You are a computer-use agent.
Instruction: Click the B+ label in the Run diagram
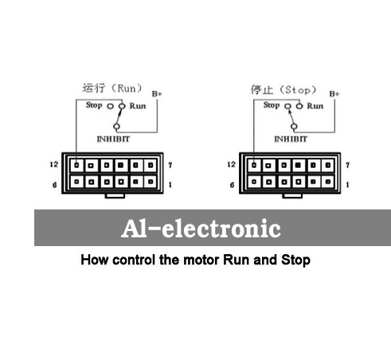pyautogui.click(x=157, y=94)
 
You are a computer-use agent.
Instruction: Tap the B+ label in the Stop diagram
pyautogui.click(x=334, y=94)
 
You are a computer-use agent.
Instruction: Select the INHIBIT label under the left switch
pyautogui.click(x=113, y=139)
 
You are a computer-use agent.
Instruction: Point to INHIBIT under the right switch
pyautogui.click(x=291, y=139)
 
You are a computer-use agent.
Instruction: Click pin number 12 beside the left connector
pyautogui.click(x=54, y=164)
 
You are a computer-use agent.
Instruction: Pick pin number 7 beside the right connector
pyautogui.click(x=347, y=165)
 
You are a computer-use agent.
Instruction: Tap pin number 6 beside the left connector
pyautogui.click(x=55, y=185)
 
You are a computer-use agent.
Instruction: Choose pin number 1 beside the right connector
pyautogui.click(x=347, y=185)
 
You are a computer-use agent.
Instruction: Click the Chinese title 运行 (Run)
pyautogui.click(x=112, y=88)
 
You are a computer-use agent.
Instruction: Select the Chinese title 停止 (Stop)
pyautogui.click(x=283, y=90)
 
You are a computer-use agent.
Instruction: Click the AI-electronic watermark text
pyautogui.click(x=201, y=229)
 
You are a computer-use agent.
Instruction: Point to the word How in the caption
pyautogui.click(x=95, y=260)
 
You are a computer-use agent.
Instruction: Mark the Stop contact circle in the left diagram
pyautogui.click(x=110, y=107)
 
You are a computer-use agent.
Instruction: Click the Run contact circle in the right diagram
pyautogui.click(x=299, y=106)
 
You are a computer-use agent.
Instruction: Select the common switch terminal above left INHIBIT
pyautogui.click(x=116, y=127)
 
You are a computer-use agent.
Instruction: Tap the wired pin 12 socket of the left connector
pyautogui.click(x=76, y=165)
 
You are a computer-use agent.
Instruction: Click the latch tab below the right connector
pyautogui.click(x=292, y=196)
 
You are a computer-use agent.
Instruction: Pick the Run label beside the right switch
pyautogui.click(x=315, y=106)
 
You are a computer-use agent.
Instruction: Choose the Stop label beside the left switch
pyautogui.click(x=94, y=105)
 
